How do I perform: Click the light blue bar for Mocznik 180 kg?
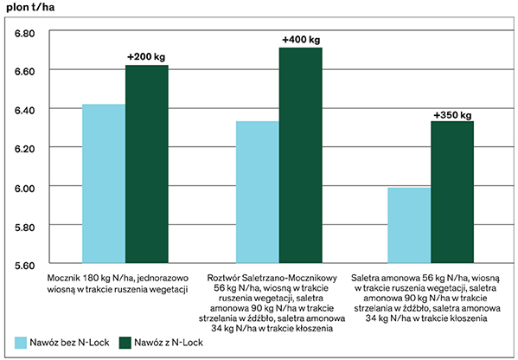pos(104,183)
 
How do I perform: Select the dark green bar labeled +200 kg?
pos(147,164)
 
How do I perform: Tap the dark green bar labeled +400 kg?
pos(301,156)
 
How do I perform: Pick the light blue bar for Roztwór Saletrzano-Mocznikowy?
pos(258,192)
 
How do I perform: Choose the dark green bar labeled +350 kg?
pos(452,192)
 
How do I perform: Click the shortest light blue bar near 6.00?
pos(409,226)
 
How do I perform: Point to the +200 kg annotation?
pos(146,57)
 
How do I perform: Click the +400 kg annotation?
pos(301,40)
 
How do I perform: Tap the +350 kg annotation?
pos(452,115)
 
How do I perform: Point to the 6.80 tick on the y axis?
pos(25,34)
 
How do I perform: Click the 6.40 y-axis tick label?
pos(25,111)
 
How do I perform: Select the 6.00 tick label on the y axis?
pos(25,189)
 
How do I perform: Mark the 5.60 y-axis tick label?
pos(25,266)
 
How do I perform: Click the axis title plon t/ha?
pos(30,7)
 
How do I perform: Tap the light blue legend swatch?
pos(21,343)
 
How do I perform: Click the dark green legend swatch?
pos(125,343)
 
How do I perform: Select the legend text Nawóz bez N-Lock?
pos(69,343)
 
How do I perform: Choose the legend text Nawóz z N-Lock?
pos(169,343)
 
